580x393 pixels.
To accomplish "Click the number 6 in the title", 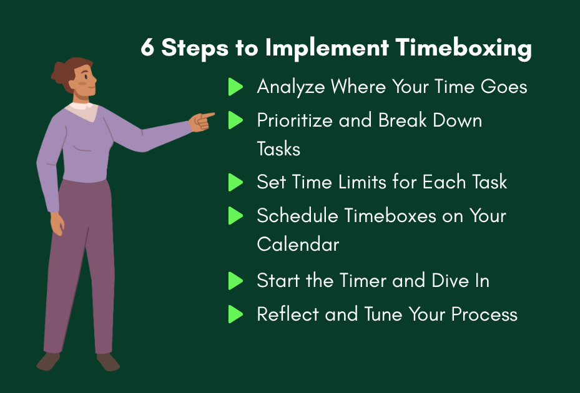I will pyautogui.click(x=147, y=49).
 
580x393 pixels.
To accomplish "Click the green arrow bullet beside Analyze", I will pyautogui.click(x=235, y=87).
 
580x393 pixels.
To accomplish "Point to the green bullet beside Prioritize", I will pyautogui.click(x=235, y=120).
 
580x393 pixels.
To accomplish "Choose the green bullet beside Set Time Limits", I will pyautogui.click(x=235, y=182).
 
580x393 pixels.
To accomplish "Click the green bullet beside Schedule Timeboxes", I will pyautogui.click(x=235, y=216).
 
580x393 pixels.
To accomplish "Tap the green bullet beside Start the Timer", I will pyautogui.click(x=235, y=281).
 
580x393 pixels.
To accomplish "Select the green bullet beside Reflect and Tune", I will pyautogui.click(x=235, y=314).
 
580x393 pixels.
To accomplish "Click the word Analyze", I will pyautogui.click(x=291, y=87).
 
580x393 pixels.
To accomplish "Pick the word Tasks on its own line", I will pyautogui.click(x=278, y=148).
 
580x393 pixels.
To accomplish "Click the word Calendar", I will pyautogui.click(x=298, y=244).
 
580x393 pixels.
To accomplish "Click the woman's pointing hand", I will pyautogui.click(x=201, y=120).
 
